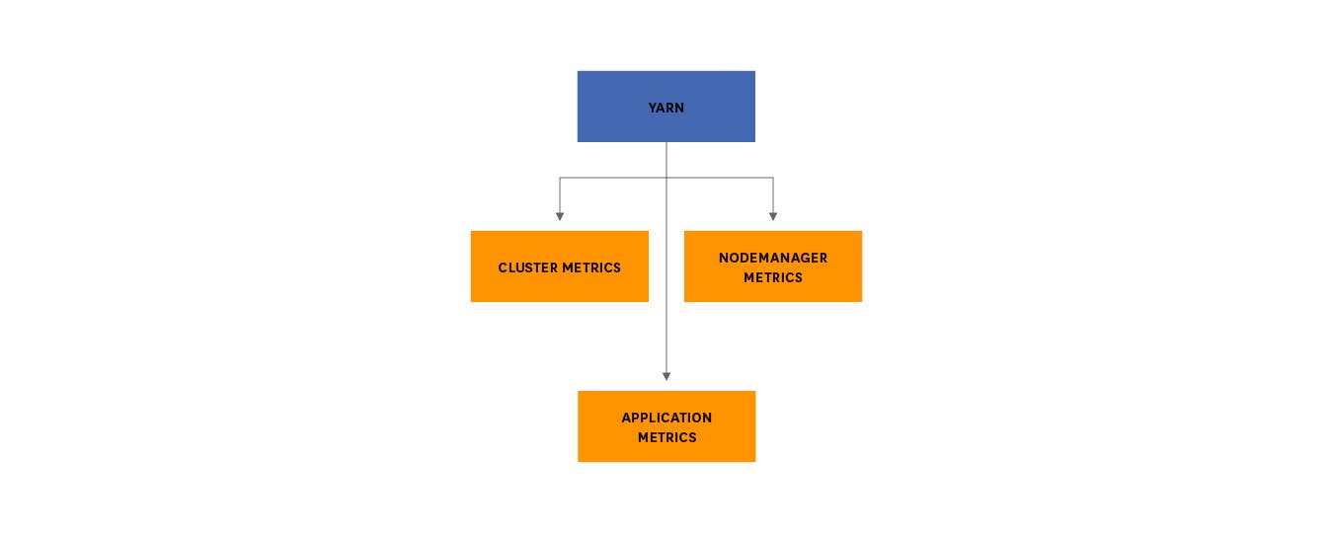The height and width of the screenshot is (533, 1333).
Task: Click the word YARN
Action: point(666,108)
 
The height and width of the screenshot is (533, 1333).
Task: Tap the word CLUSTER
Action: point(527,267)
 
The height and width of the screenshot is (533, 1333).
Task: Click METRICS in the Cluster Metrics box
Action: point(591,267)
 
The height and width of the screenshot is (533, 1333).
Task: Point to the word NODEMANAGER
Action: point(772,258)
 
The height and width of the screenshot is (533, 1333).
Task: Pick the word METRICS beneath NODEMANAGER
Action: point(772,277)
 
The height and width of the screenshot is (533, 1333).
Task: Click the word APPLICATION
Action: point(666,418)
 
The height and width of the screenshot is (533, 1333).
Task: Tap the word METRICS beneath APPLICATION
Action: point(666,437)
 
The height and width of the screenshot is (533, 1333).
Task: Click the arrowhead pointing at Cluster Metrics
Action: point(560,215)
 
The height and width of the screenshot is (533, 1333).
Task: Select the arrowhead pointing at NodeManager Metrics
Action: point(773,215)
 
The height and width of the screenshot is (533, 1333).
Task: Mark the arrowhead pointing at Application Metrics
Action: point(666,375)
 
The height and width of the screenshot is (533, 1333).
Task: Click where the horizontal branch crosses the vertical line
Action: point(666,178)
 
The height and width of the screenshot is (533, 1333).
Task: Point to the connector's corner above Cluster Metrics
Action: point(560,178)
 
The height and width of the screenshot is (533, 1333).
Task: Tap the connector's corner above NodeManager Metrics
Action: point(773,178)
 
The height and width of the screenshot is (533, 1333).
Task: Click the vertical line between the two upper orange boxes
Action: point(666,266)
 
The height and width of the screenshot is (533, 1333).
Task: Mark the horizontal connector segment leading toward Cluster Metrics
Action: point(612,178)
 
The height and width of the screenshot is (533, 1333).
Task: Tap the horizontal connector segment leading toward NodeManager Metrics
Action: point(721,178)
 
